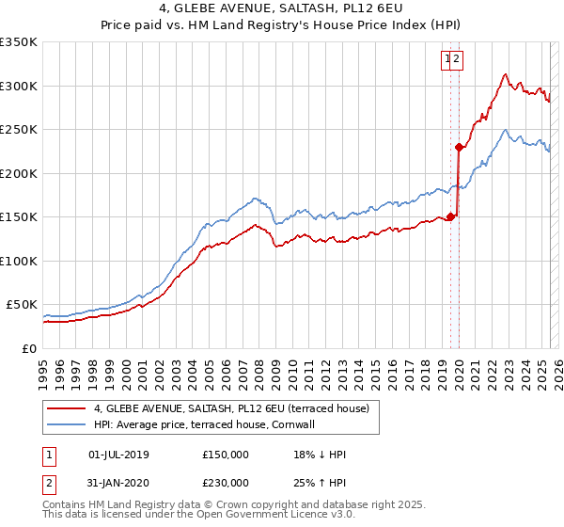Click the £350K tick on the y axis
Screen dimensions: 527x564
(19, 42)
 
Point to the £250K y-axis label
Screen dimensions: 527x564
(19, 130)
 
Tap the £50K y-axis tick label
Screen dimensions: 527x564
(23, 305)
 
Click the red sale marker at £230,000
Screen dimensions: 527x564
(459, 147)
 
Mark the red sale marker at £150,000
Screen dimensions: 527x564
(450, 216)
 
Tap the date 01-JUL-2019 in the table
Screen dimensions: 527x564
(118, 455)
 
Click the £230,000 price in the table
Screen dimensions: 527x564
(226, 483)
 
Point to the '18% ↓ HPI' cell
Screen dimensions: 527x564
(320, 455)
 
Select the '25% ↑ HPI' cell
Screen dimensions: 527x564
(320, 483)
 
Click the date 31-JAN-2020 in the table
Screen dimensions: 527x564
(118, 483)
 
